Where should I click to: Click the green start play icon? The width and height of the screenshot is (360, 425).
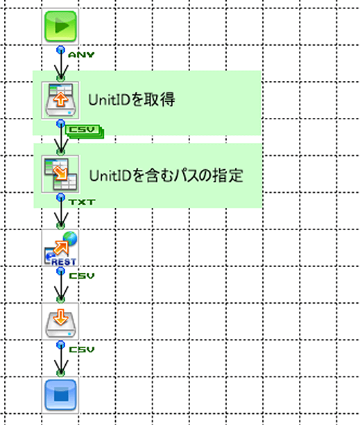60,26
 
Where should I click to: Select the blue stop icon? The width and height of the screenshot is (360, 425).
60,394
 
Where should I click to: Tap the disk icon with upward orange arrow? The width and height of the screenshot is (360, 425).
60,100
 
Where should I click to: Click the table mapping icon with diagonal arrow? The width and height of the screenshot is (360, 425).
60,174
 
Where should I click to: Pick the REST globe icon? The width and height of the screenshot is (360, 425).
60,248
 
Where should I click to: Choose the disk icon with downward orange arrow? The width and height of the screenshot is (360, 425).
60,322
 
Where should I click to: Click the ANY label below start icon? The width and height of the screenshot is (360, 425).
81,55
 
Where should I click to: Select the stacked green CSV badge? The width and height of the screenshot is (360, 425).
85,132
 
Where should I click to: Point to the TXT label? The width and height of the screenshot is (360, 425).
82,202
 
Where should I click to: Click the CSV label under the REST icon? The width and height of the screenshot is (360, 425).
82,276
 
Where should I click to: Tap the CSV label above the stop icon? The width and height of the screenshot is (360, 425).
82,349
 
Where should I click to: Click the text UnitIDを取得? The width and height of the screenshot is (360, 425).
132,99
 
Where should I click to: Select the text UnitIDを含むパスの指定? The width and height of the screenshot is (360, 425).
166,175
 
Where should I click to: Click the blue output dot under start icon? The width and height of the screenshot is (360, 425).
61,50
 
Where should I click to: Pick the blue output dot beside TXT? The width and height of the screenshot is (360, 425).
61,198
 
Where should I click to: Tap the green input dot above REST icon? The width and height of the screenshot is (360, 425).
61,225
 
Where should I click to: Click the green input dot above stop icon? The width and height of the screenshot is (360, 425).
61,373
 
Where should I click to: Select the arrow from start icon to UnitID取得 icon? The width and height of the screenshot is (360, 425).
61,64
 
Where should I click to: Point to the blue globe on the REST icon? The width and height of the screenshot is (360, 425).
70,238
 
